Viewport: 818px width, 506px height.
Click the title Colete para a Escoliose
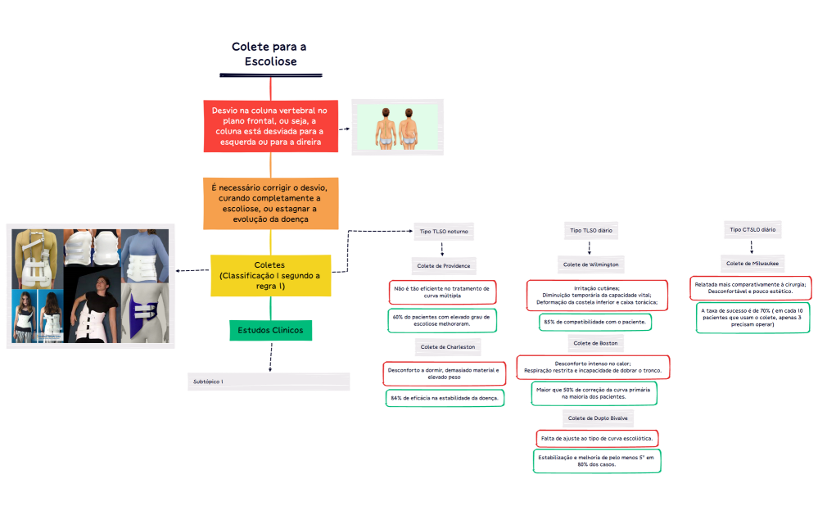(269, 54)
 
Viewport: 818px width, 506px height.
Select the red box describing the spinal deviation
(269, 125)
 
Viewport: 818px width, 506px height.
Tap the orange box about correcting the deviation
(269, 203)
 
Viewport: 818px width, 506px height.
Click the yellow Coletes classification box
(269, 275)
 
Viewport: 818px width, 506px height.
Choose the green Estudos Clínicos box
(269, 330)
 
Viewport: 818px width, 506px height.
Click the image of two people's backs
(397, 126)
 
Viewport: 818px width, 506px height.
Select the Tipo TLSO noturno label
(442, 232)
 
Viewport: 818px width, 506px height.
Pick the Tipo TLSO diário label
(590, 231)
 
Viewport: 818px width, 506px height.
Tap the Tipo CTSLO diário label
(752, 230)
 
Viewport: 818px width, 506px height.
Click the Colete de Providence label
(442, 265)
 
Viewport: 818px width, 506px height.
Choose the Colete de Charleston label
(447, 347)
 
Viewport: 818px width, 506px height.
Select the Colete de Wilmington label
(590, 264)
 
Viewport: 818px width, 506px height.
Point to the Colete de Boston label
(595, 343)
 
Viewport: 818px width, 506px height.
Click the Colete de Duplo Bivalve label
(598, 418)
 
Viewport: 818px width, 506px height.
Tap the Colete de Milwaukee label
(752, 263)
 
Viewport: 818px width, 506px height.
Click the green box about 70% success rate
(752, 318)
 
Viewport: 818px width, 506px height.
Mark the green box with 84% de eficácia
(445, 398)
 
